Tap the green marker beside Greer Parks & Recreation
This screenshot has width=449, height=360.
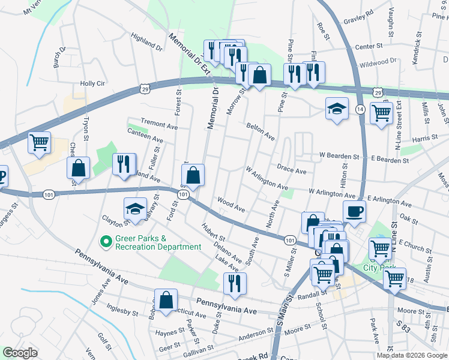[106, 242]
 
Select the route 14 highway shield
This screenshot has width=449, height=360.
[360, 109]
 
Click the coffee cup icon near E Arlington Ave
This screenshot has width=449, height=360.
[354, 211]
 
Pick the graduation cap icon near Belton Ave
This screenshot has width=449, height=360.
[337, 109]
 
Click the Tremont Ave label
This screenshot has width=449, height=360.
[159, 125]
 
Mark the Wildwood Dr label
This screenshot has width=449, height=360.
[378, 62]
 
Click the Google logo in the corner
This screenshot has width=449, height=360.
[20, 353]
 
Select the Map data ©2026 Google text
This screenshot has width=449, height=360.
[412, 355]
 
